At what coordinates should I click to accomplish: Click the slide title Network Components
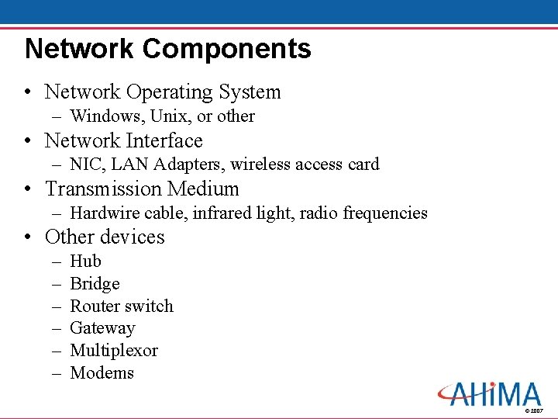[x=167, y=49]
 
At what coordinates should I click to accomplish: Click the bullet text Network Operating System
[x=163, y=92]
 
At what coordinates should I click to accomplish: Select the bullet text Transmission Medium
[x=142, y=189]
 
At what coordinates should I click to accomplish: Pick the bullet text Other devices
[x=105, y=237]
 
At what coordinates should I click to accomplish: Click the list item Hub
[x=85, y=261]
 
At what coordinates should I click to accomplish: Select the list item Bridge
[x=95, y=284]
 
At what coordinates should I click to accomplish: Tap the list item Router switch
[x=122, y=306]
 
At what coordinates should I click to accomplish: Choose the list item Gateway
[x=102, y=329]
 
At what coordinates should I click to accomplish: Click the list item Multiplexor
[x=114, y=351]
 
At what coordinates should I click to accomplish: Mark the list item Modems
[x=102, y=373]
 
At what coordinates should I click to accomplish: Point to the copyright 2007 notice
[x=534, y=410]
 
